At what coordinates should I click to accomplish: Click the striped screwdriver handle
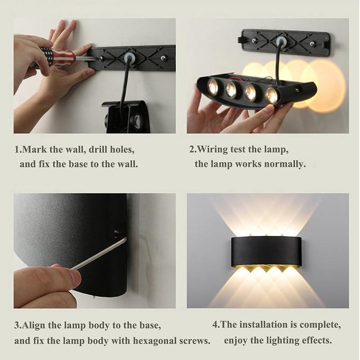[x=58, y=57]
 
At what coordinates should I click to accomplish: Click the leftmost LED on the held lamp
[x=213, y=86]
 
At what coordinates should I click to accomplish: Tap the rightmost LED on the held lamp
[x=271, y=94]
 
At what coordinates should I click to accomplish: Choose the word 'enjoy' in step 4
[x=236, y=340]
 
